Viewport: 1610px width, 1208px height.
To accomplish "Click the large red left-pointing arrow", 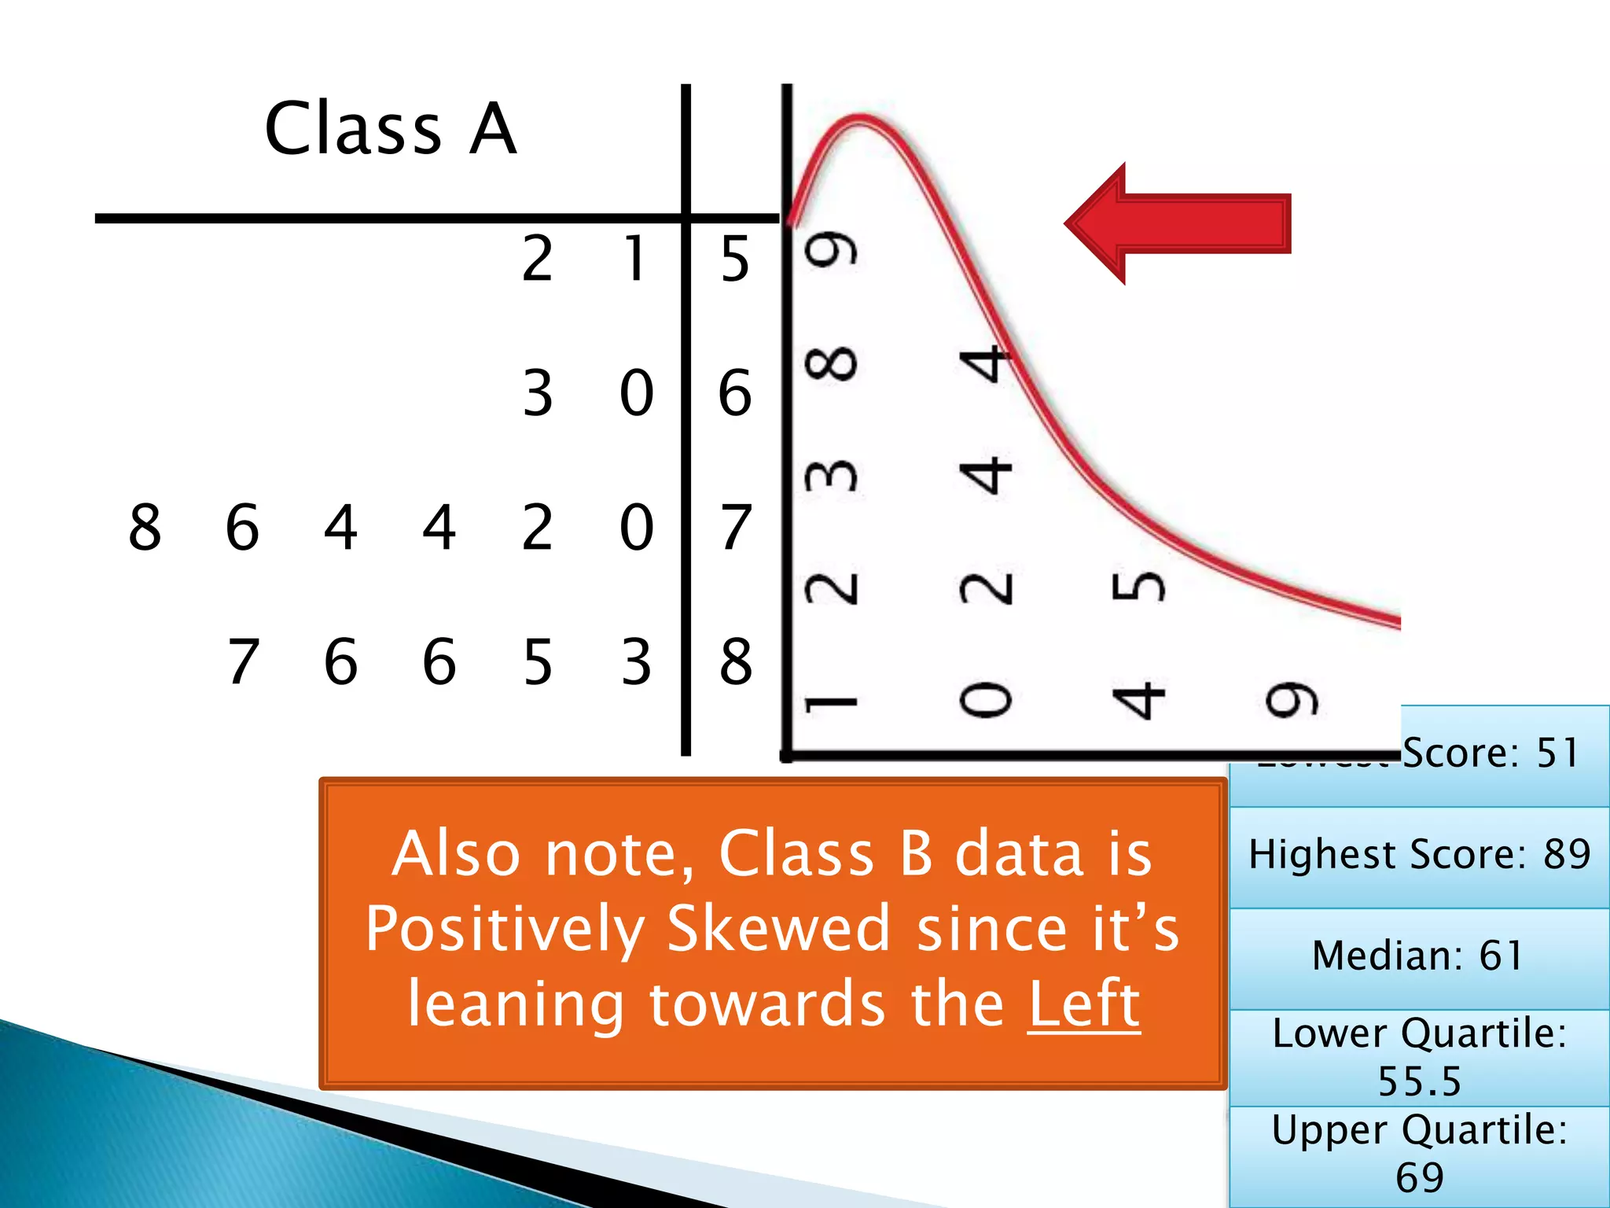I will (1177, 223).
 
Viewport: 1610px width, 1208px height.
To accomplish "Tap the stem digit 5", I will (735, 259).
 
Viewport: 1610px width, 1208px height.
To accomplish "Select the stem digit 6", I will (735, 392).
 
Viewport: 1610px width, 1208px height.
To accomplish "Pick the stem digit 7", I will (736, 526).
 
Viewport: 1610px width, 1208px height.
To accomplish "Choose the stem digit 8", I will (736, 661).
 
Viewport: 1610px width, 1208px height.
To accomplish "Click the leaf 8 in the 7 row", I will (145, 526).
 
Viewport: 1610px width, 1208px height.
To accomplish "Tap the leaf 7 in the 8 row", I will (243, 661).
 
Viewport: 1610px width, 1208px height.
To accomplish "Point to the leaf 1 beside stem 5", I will (635, 259).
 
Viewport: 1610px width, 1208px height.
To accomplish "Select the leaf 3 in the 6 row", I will (538, 392).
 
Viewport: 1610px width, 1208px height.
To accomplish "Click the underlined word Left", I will (1083, 1004).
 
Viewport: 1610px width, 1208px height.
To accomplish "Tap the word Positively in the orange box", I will (504, 929).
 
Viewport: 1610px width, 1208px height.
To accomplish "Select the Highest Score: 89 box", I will (1419, 855).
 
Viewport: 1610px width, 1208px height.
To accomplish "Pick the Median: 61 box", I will (1419, 956).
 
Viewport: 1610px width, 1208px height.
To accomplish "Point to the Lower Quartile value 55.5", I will (1419, 1081).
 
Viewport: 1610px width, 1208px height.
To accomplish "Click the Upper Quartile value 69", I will (1419, 1177).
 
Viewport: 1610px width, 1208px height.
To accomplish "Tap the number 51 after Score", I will (1557, 753).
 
